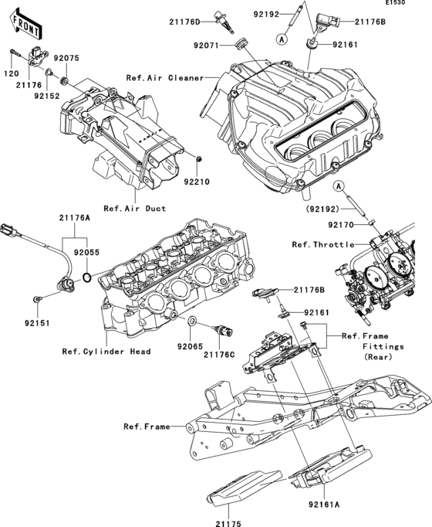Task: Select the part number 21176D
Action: tap(185, 21)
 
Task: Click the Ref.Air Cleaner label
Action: tap(164, 77)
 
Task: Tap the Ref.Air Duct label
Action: tap(134, 208)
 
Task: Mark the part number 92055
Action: tap(86, 251)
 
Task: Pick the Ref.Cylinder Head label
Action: tap(106, 351)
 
